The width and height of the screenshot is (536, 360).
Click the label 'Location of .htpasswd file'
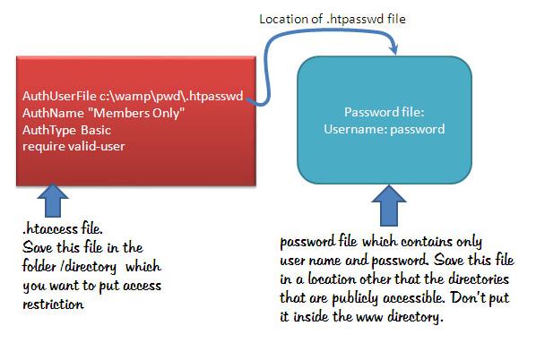click(333, 19)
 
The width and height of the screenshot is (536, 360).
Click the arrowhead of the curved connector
click(394, 48)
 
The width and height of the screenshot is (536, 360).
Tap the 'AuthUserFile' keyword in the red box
click(59, 96)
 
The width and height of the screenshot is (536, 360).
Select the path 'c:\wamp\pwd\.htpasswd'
click(171, 97)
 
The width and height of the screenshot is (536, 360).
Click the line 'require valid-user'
click(73, 147)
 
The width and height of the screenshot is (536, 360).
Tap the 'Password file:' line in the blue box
click(385, 112)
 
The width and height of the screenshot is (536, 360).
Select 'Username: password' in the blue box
click(385, 129)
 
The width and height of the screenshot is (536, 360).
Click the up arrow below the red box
click(53, 201)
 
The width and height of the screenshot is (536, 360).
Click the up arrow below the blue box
click(389, 206)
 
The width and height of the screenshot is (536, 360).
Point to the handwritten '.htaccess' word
click(50, 228)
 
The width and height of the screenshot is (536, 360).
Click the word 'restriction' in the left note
click(53, 304)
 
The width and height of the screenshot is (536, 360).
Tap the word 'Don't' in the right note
click(468, 297)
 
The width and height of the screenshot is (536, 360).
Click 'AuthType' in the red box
click(49, 131)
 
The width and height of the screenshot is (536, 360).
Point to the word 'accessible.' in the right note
click(414, 298)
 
